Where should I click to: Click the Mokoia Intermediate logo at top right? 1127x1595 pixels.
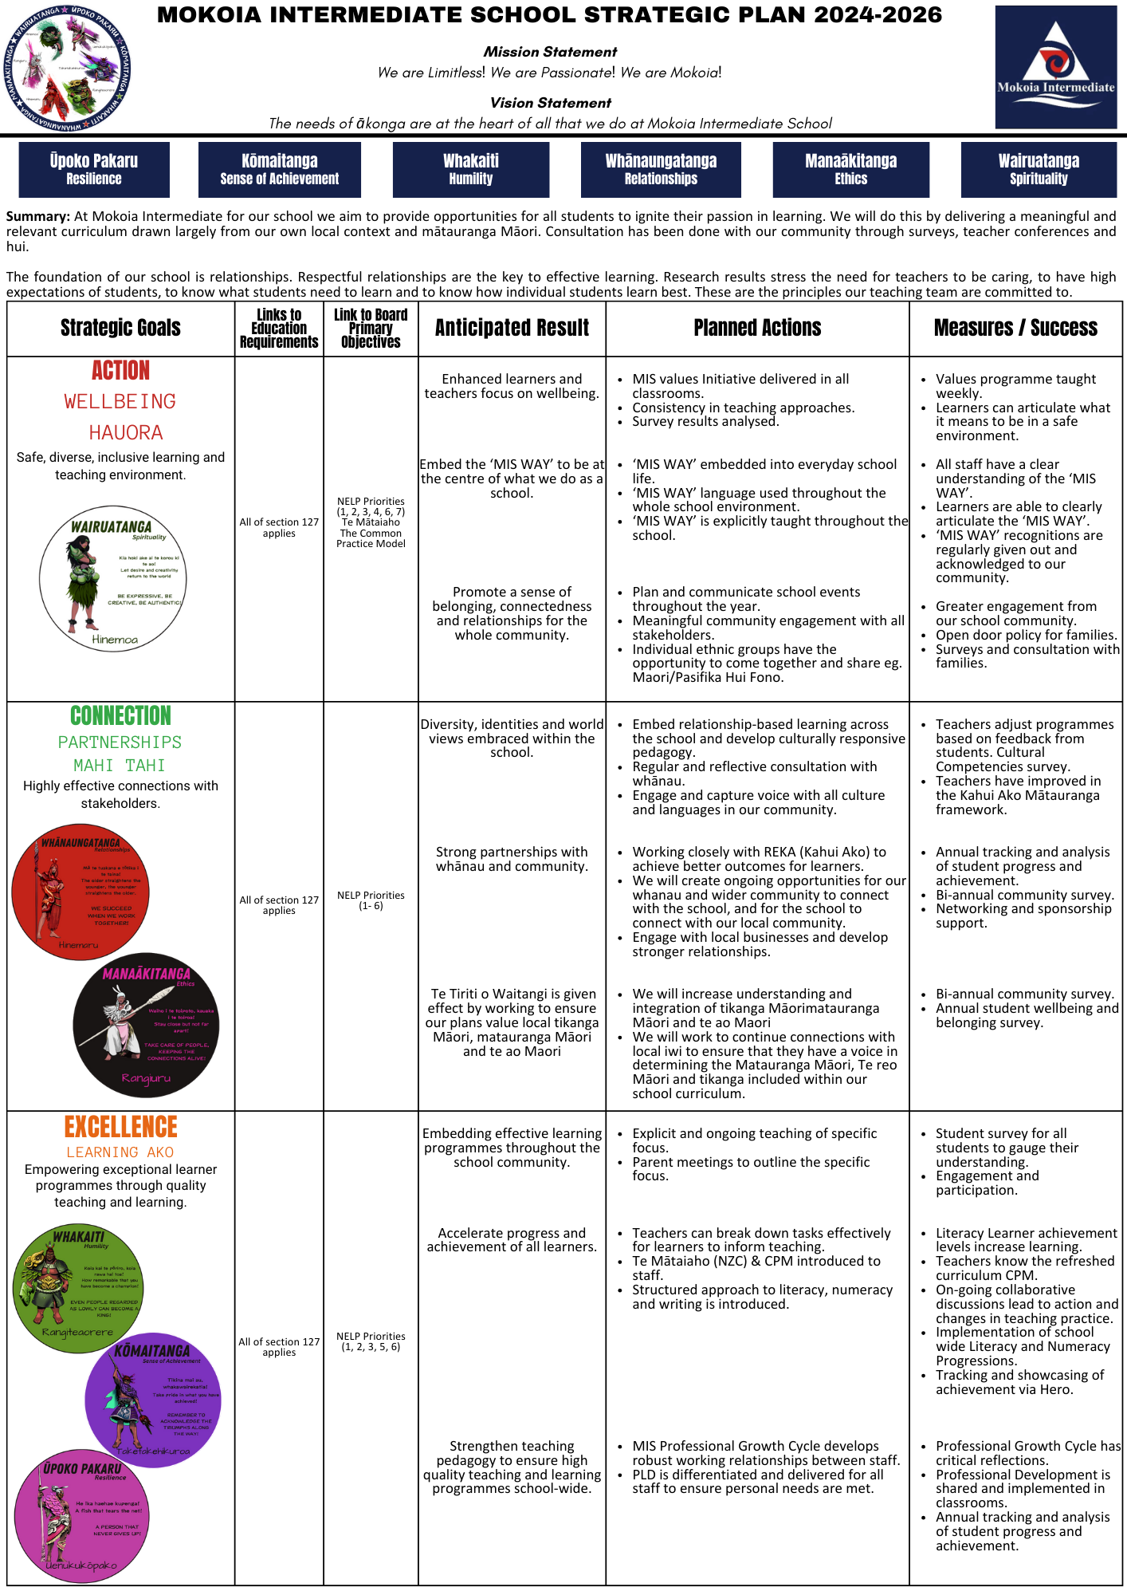tap(1055, 67)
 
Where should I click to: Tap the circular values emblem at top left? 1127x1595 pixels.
tap(68, 68)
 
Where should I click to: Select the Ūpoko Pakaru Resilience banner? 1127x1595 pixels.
tap(94, 169)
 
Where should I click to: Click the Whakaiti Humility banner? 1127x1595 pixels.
tap(470, 169)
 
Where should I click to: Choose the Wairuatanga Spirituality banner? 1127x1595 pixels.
tap(1039, 169)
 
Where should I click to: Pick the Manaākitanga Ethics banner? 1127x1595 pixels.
tap(850, 169)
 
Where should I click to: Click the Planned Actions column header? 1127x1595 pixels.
tap(757, 328)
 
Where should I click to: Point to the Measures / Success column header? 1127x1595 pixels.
tap(1015, 328)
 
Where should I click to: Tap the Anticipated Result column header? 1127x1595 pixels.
tap(512, 328)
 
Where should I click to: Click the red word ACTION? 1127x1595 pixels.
tap(120, 371)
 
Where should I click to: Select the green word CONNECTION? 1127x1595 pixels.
tap(120, 715)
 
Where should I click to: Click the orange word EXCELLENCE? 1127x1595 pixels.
tap(120, 1127)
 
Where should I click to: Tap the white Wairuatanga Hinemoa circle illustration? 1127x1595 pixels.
tap(113, 579)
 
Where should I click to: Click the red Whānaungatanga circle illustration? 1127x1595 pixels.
tap(80, 892)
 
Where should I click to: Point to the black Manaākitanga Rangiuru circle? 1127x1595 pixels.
tap(146, 1024)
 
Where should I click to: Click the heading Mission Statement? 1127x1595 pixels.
tap(550, 52)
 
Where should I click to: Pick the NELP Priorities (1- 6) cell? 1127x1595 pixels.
tap(371, 900)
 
